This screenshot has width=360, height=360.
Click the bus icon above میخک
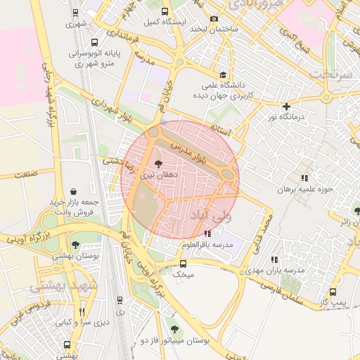(183, 264)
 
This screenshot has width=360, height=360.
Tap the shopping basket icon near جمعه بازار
(74, 191)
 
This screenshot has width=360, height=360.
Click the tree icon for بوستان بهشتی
(75, 245)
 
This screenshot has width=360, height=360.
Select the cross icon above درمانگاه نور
(286, 107)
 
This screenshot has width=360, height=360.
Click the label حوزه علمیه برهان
(304, 190)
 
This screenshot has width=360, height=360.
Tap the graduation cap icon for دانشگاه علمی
(223, 75)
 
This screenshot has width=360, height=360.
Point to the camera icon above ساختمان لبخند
(214, 19)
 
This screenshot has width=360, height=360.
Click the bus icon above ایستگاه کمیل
(165, 12)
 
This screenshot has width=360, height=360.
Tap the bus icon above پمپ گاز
(333, 292)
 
